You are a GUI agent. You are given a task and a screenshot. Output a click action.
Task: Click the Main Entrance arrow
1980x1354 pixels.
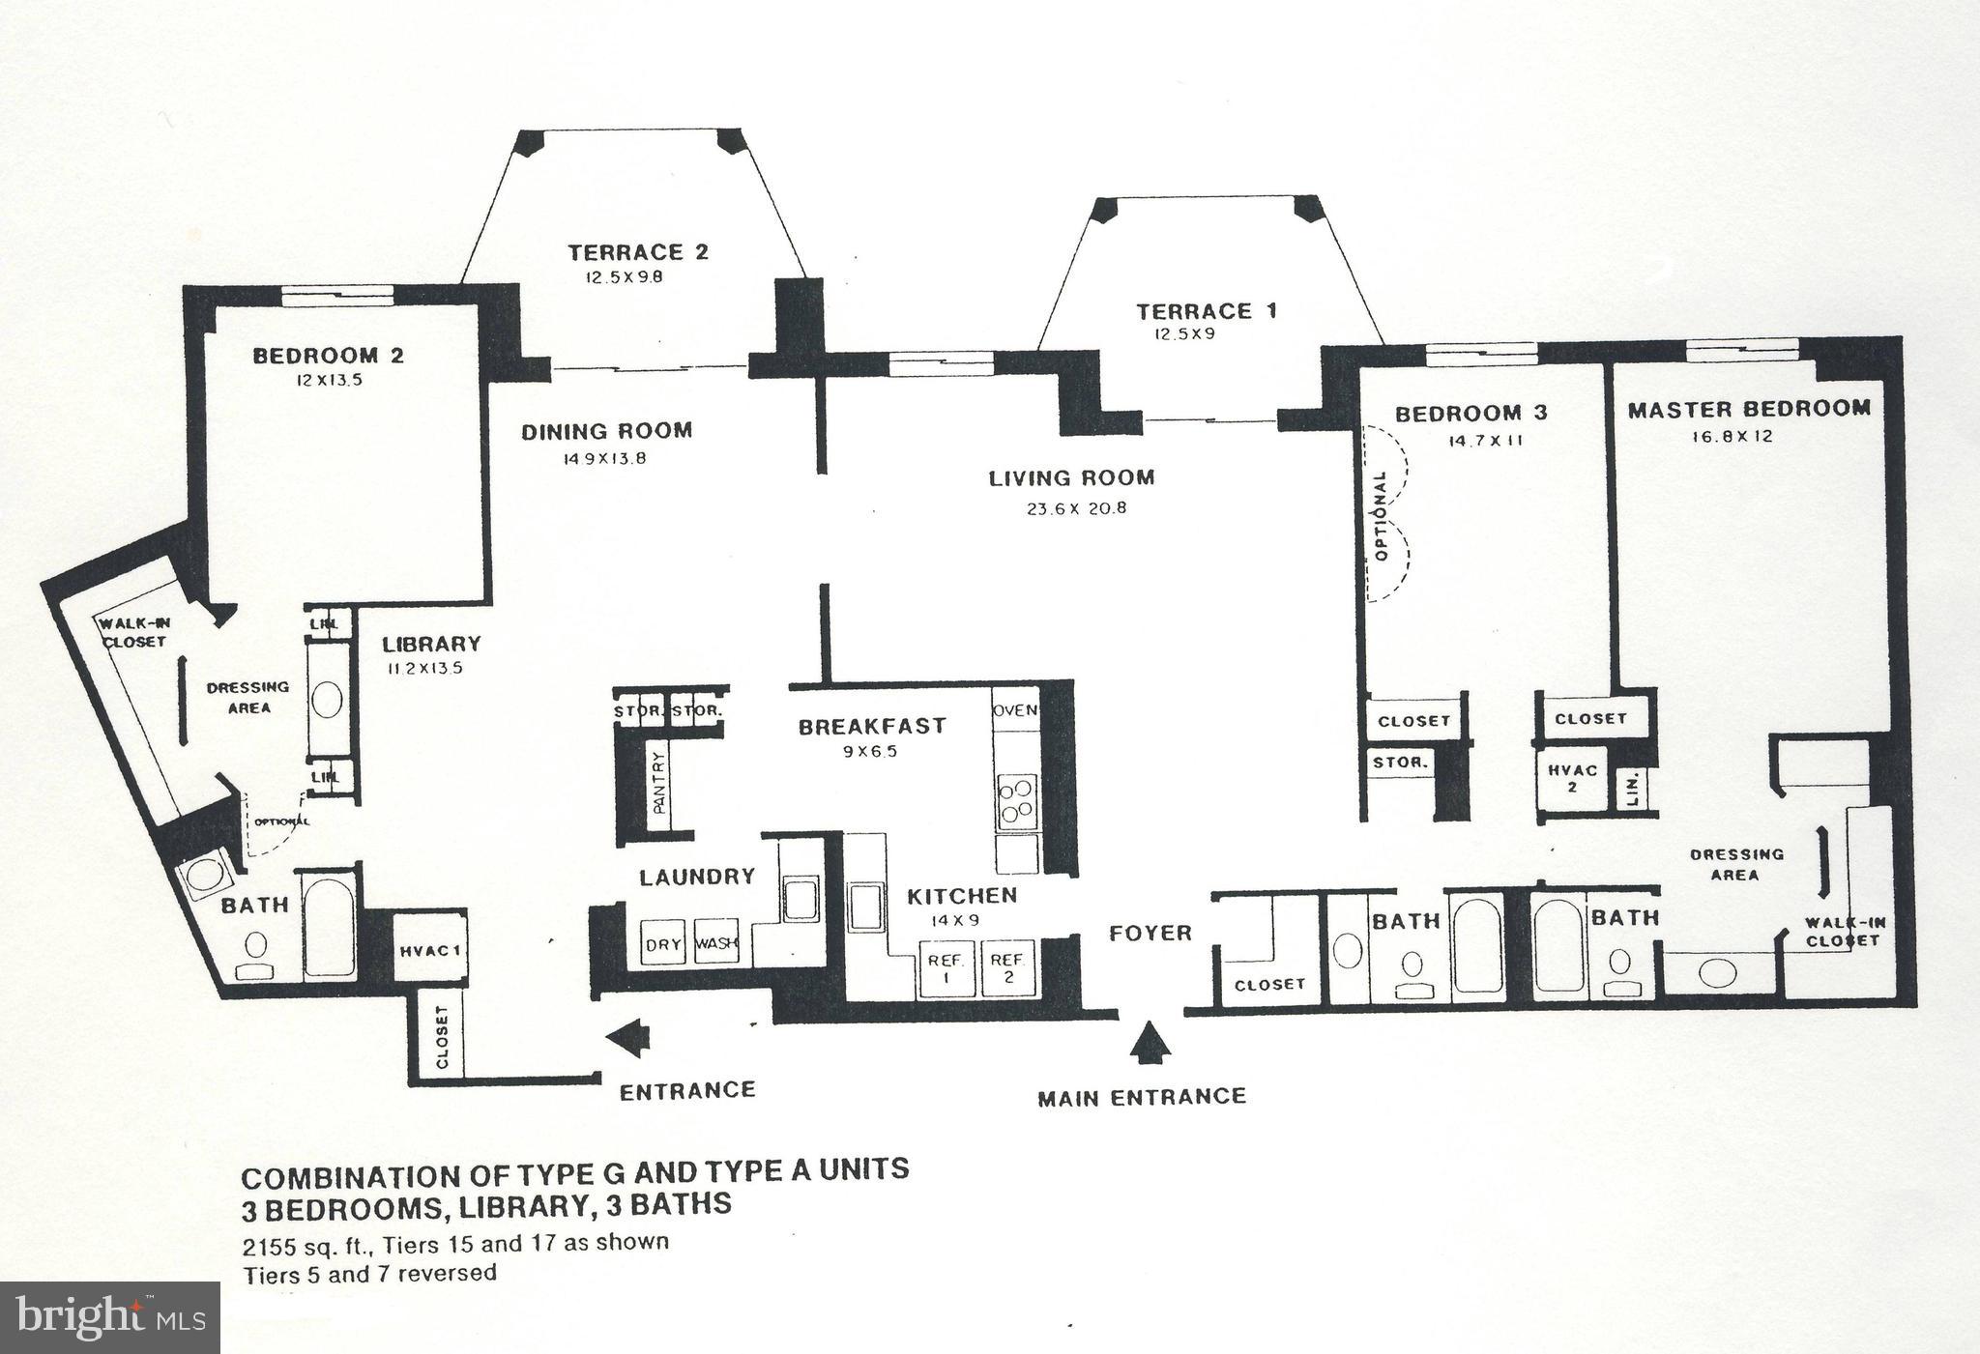(x=1149, y=1044)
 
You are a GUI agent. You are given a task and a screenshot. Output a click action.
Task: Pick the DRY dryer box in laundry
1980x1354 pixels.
(x=664, y=942)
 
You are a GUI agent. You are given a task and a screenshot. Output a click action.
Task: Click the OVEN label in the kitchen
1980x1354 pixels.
(x=1015, y=710)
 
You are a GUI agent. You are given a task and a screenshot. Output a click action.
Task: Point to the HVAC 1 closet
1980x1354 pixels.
(x=429, y=950)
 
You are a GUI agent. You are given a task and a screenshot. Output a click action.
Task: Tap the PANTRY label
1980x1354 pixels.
(x=660, y=783)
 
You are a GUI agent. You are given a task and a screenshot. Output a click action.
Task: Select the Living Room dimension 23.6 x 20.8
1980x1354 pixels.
(x=1076, y=508)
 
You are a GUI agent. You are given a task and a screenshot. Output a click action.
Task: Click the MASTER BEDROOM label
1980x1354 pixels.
(x=1748, y=410)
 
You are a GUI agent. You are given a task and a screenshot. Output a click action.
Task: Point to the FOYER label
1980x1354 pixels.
(x=1150, y=933)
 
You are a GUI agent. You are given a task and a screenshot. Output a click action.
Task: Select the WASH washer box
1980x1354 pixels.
(x=716, y=942)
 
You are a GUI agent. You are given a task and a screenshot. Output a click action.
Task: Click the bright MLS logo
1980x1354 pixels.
(x=109, y=1317)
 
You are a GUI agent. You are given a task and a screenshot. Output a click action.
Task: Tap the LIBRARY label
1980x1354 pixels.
(x=431, y=644)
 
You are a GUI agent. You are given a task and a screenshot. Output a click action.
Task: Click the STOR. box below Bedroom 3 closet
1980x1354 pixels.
(x=1399, y=763)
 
